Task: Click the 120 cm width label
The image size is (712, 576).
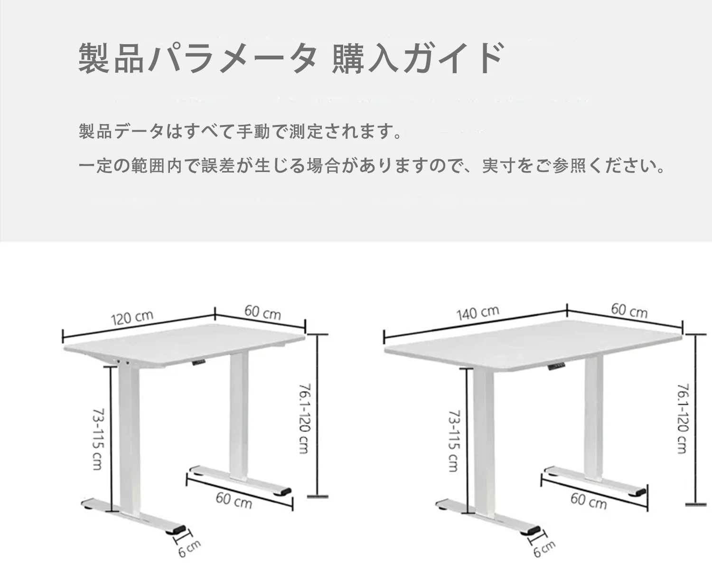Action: pyautogui.click(x=132, y=317)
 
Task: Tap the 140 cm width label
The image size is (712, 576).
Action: pyautogui.click(x=478, y=313)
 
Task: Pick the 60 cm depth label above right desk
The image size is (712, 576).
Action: pyautogui.click(x=629, y=310)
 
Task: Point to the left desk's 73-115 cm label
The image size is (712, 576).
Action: pyautogui.click(x=98, y=439)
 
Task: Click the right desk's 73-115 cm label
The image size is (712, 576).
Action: pyautogui.click(x=454, y=441)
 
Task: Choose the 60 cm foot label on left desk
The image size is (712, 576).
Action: pyautogui.click(x=234, y=501)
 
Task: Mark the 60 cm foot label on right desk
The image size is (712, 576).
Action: pyautogui.click(x=588, y=501)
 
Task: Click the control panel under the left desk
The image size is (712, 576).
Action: pyautogui.click(x=198, y=362)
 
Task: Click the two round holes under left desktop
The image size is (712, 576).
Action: pyautogui.click(x=123, y=361)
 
